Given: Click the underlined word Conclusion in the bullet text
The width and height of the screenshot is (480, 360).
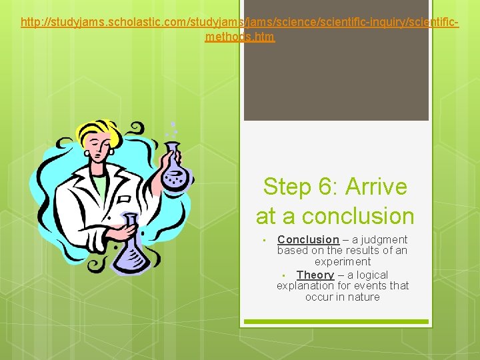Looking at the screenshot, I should point(308,239).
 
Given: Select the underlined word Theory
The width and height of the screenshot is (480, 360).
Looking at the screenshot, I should point(315,275).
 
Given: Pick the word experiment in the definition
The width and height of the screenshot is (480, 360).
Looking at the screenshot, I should point(343,262).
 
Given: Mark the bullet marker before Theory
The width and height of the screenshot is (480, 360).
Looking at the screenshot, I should point(284,276).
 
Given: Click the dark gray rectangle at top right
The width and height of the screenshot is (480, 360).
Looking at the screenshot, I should point(336,67).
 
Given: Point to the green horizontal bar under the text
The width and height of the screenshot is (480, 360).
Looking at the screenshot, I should point(336,321).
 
